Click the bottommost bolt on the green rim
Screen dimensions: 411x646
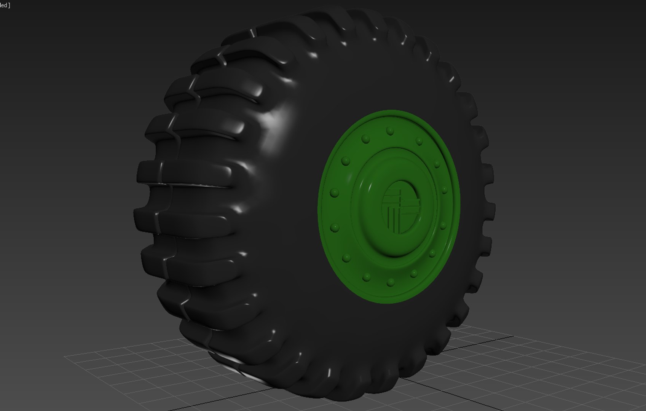pyautogui.click(x=391, y=282)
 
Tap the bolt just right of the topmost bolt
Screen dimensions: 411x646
pyautogui.click(x=419, y=142)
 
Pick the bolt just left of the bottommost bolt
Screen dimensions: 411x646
pyautogui.click(x=366, y=277)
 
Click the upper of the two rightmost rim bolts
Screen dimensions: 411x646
pyautogui.click(x=444, y=190)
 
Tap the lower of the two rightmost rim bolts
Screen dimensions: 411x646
pyautogui.click(x=443, y=226)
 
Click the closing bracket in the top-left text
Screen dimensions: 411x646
pyautogui.click(x=9, y=5)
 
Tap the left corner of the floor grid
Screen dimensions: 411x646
pyautogui.click(x=65, y=357)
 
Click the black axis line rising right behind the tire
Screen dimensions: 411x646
pyautogui.click(x=483, y=340)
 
